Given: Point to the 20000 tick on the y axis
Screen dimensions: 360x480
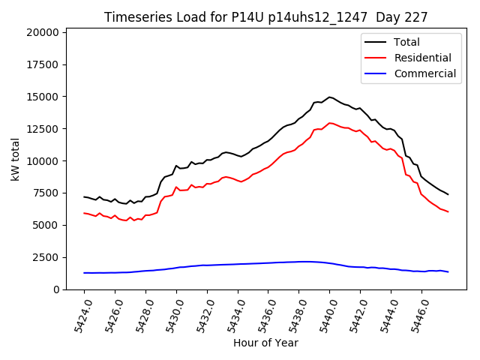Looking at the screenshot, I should [41, 33].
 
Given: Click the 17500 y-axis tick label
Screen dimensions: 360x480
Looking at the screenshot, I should [41, 64].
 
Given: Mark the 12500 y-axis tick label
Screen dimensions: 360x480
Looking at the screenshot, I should [41, 129].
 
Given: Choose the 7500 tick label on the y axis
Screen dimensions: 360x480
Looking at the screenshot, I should [44, 193].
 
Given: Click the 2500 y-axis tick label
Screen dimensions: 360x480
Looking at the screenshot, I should [44, 257].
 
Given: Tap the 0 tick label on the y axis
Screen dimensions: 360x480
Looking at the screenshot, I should [55, 289].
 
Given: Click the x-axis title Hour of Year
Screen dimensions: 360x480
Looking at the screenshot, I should [265, 343].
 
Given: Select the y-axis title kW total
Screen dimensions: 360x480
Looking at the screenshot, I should [15, 160].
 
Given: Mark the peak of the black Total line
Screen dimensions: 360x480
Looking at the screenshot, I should [329, 97].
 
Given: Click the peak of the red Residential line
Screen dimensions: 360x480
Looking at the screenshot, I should [329, 122].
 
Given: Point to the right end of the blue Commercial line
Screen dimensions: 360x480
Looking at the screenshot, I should [448, 271].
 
